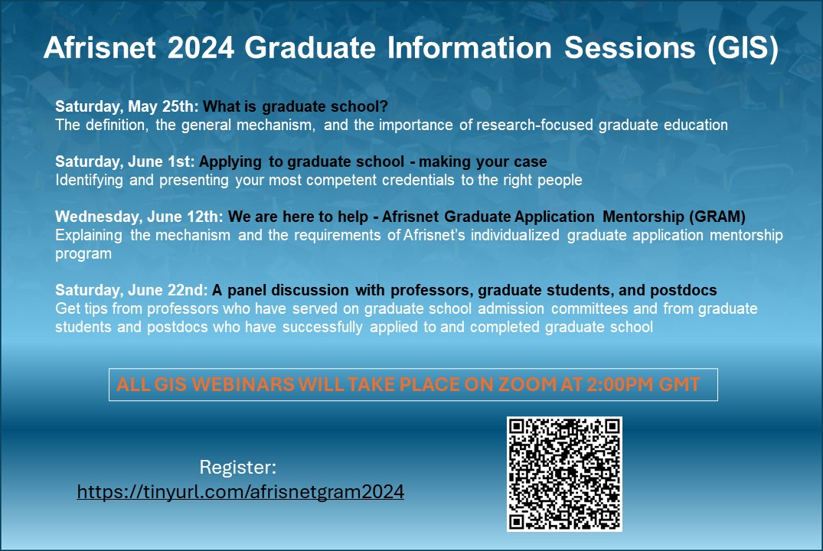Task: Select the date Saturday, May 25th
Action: [127, 106]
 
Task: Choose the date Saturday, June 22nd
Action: [131, 290]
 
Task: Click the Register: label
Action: [237, 467]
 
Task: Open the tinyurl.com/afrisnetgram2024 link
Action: [240, 492]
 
